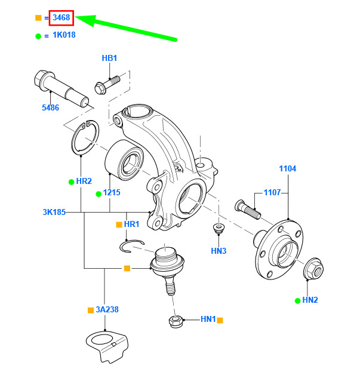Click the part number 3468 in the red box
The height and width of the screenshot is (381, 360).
(x=61, y=18)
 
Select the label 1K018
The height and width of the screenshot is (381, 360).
(x=63, y=35)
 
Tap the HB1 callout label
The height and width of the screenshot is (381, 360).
(x=109, y=58)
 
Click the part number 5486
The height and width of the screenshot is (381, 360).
(x=50, y=107)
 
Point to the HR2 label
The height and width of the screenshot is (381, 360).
(x=84, y=180)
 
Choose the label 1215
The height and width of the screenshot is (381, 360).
(x=112, y=193)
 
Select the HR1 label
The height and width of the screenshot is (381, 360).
(x=131, y=224)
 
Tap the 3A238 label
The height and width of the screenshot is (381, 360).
(x=108, y=310)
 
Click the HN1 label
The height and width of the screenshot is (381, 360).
(x=208, y=319)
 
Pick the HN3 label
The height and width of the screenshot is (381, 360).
(x=219, y=251)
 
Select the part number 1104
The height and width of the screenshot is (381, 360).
(x=287, y=169)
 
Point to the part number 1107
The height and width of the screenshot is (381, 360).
(x=272, y=193)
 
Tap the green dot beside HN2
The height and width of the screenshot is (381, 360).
(x=297, y=299)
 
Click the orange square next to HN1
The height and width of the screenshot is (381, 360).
(x=220, y=320)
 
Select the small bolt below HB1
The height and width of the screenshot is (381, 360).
(x=106, y=83)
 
